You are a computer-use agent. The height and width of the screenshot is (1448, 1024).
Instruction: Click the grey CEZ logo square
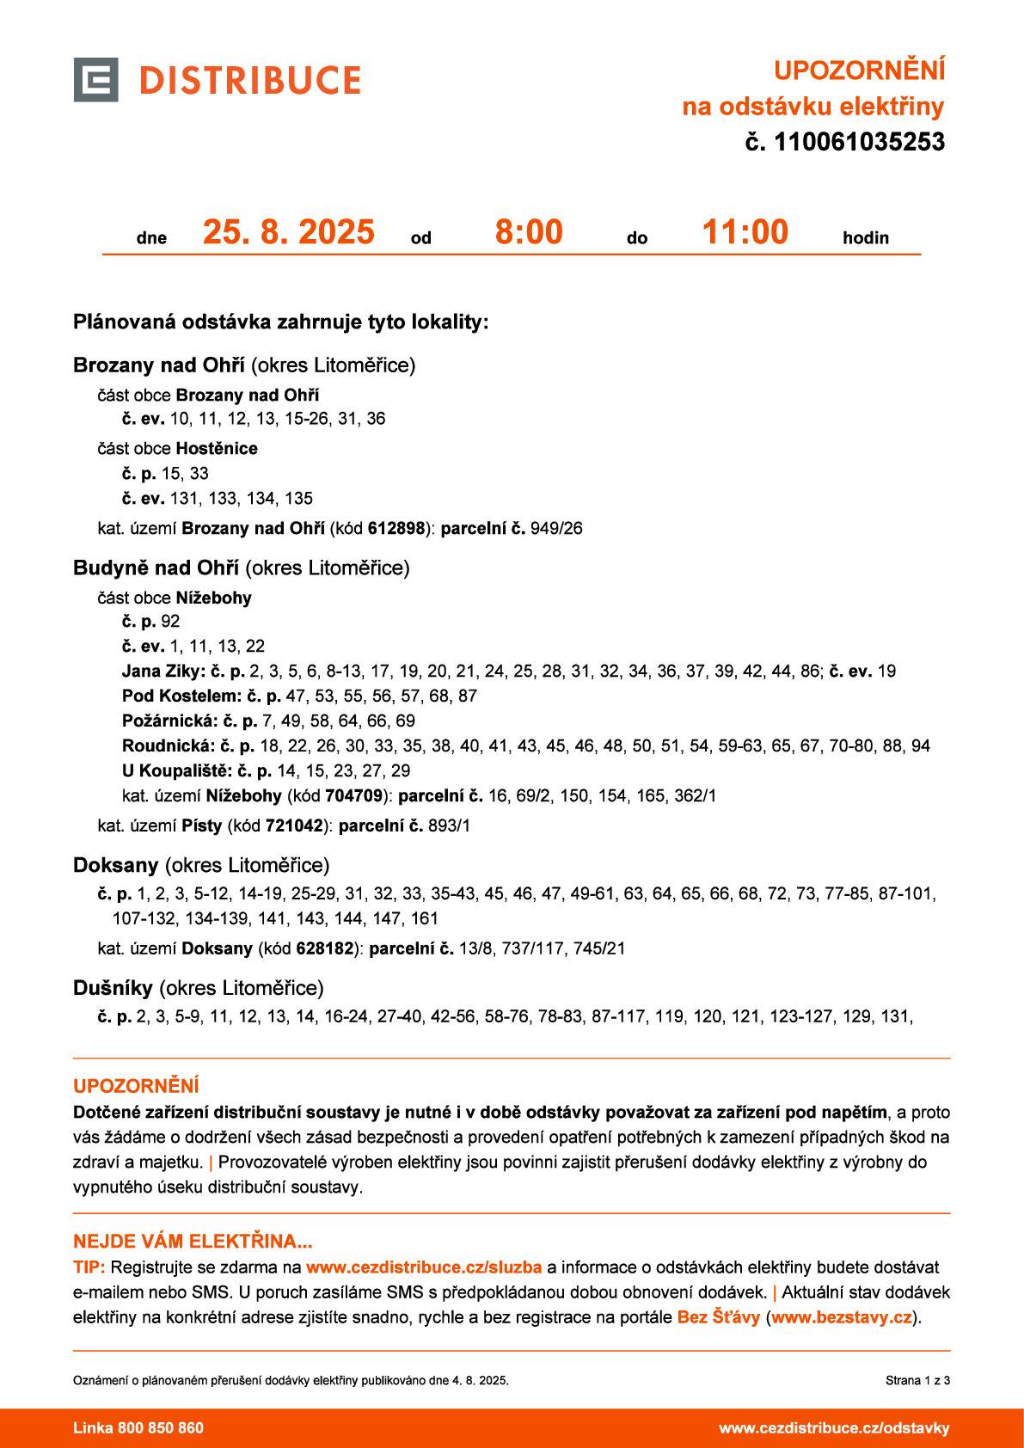(x=95, y=80)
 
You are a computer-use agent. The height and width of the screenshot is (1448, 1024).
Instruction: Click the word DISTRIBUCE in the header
(x=249, y=80)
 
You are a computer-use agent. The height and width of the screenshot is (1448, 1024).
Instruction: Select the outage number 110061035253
(x=859, y=142)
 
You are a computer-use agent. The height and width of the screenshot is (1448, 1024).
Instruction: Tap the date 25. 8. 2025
(x=288, y=232)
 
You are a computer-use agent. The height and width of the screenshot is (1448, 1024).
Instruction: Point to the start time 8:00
(x=529, y=232)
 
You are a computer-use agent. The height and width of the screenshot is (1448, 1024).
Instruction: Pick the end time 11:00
(x=745, y=232)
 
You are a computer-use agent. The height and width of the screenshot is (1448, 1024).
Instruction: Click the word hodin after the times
(x=865, y=238)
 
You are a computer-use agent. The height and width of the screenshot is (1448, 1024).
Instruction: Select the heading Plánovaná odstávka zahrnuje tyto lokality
(x=280, y=322)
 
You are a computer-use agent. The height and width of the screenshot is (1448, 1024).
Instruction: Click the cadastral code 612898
(x=396, y=528)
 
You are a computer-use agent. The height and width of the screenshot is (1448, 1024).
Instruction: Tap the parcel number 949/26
(x=556, y=528)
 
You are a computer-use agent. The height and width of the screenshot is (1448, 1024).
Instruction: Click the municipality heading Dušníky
(x=113, y=987)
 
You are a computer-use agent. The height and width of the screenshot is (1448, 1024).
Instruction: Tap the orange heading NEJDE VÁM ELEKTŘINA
(x=193, y=1242)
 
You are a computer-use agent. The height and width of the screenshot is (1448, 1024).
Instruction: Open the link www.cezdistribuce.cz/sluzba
(x=424, y=1267)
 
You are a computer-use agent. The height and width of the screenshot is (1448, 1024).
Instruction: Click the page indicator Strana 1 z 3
(x=917, y=1381)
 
